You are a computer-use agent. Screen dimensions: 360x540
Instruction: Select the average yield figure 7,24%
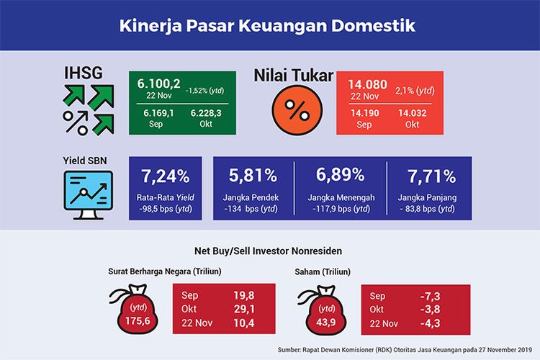pyautogui.click(x=166, y=176)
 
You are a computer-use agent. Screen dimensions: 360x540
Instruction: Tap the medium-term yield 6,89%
pyautogui.click(x=341, y=176)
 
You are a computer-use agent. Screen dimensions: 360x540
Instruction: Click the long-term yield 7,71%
pyautogui.click(x=430, y=176)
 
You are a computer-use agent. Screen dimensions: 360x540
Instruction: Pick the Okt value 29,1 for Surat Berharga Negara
pyautogui.click(x=242, y=310)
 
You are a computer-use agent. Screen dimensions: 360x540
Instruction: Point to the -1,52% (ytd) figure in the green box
pyautogui.click(x=208, y=91)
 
